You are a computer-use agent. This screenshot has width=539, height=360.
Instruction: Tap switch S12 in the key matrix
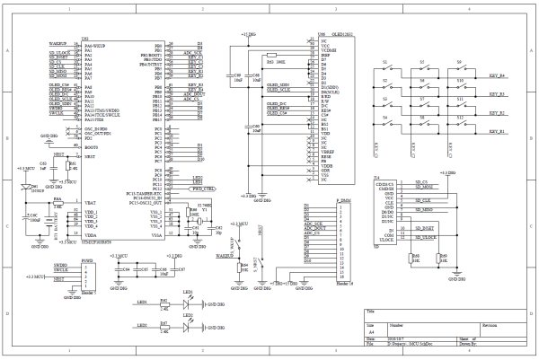(x=460, y=122)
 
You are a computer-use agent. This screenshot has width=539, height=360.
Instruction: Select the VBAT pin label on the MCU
(x=90, y=205)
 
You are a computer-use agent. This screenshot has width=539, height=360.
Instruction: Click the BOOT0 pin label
(x=90, y=147)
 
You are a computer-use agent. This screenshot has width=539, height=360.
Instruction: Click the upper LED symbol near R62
(x=190, y=306)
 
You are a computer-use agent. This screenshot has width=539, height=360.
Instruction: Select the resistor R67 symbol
(x=165, y=328)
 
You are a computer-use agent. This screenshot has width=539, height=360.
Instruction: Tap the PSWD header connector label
(x=87, y=261)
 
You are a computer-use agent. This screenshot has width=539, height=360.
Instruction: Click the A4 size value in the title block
(x=372, y=330)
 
